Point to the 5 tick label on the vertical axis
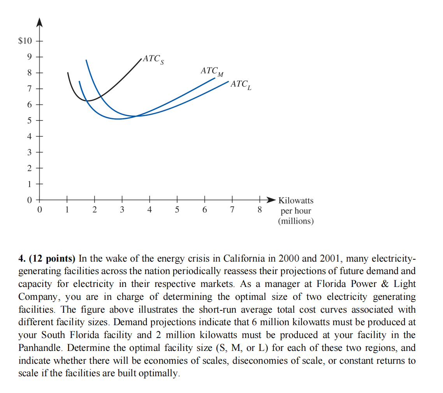pos(29,120)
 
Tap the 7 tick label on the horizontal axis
pos(232,210)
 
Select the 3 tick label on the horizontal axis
pos(122,210)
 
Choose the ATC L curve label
pos(241,84)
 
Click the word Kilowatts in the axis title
pos(296,200)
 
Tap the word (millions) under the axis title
pos(296,221)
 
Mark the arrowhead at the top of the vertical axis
pos(39,22)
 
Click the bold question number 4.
pos(21,258)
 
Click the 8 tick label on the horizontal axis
pos(260,210)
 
